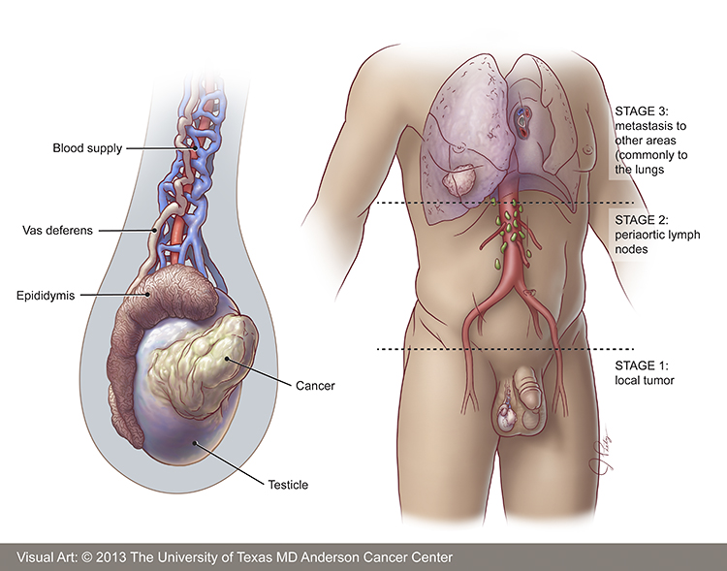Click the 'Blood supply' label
coord(87,148)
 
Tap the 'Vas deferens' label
coord(57,230)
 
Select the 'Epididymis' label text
coord(46,296)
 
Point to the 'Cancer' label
coord(315,386)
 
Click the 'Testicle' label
coord(288,485)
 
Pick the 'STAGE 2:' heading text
coord(642,220)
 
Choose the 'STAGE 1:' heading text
coord(642,365)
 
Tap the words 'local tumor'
coord(645,380)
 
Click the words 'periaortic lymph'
coord(657,235)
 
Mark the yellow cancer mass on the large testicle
coord(203,366)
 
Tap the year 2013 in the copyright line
coord(111,557)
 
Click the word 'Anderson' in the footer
coord(332,557)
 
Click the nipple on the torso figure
coord(588,150)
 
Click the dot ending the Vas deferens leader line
coord(154,230)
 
